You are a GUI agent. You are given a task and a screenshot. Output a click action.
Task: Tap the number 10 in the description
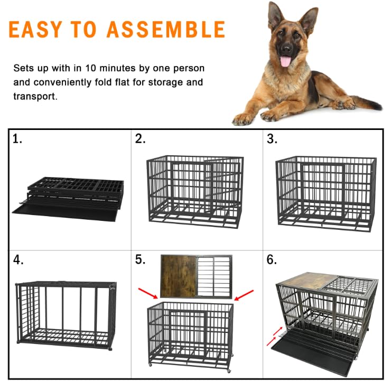(x=91, y=69)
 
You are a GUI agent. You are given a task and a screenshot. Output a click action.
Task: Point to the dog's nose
(x=286, y=49)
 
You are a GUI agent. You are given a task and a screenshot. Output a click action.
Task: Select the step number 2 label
(x=140, y=139)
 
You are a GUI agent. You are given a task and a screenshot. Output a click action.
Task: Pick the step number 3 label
(x=272, y=139)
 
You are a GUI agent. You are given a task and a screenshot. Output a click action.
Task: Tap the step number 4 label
(x=18, y=260)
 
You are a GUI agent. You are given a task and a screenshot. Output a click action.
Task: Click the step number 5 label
(x=140, y=260)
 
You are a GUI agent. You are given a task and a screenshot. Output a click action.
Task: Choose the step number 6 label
(x=272, y=260)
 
